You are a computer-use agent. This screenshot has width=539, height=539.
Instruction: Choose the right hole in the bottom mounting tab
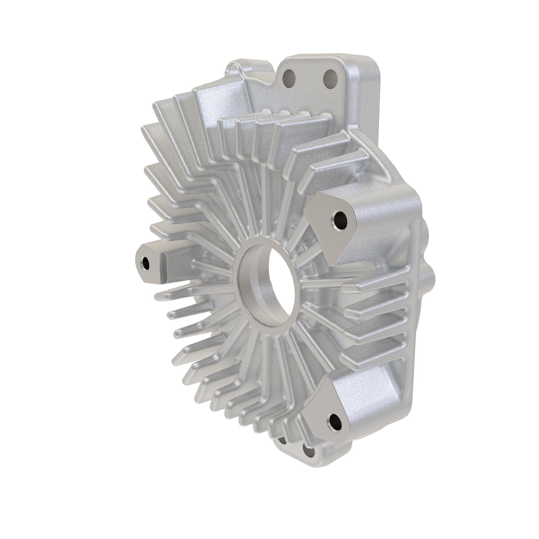(x=307, y=450)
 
